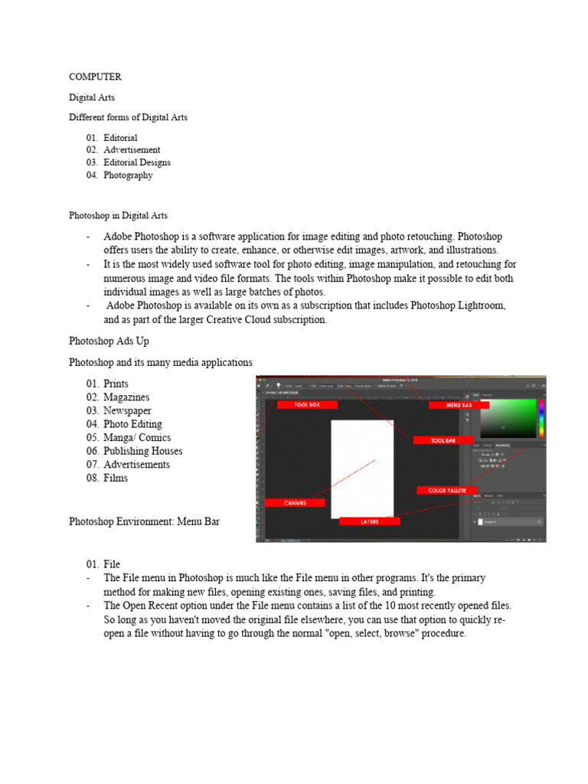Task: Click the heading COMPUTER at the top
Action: [95, 77]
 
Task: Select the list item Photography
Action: [128, 175]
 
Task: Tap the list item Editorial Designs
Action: [137, 162]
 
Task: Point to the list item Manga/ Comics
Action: [137, 438]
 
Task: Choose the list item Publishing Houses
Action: [142, 451]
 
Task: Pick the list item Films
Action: [116, 478]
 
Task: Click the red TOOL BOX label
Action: [308, 404]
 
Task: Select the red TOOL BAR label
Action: [443, 440]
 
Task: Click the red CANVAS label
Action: [295, 503]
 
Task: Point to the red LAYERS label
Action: [370, 521]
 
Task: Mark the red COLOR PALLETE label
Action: [447, 490]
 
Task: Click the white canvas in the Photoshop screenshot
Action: [361, 467]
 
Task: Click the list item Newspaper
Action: [127, 410]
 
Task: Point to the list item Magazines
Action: [126, 397]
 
